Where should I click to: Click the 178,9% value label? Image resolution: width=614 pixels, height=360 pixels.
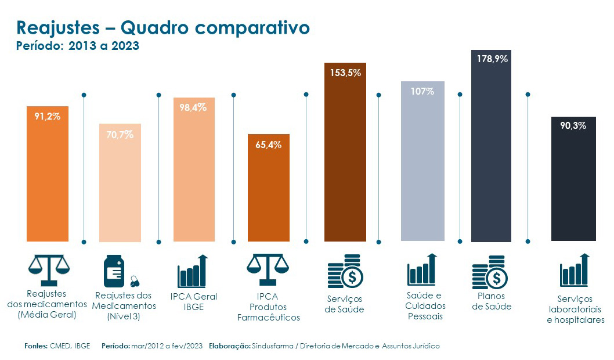[x=492, y=59]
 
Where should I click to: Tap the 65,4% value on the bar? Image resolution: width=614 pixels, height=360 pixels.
[x=268, y=145]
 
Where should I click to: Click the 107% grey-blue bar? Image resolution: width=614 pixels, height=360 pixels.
[x=422, y=168]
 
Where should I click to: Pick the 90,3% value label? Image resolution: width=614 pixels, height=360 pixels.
[x=573, y=125]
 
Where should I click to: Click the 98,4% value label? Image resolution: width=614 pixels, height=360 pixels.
[x=193, y=107]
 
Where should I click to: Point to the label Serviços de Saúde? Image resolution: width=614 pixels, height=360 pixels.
[x=344, y=304]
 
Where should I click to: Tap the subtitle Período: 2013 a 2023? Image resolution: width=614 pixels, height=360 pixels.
[x=78, y=46]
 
